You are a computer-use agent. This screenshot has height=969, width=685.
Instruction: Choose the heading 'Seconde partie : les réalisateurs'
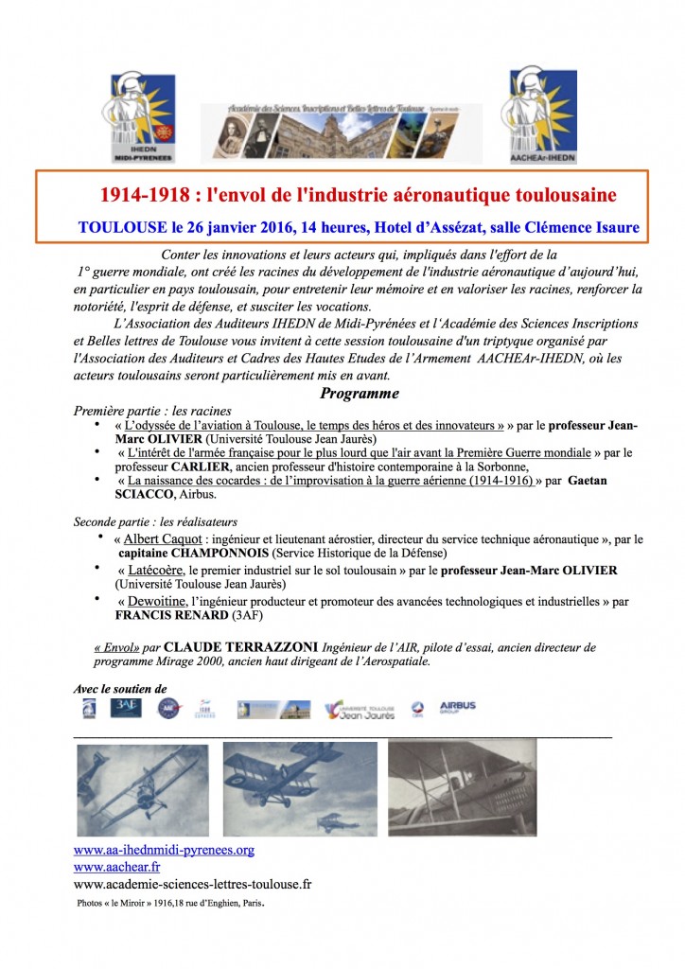click(x=155, y=521)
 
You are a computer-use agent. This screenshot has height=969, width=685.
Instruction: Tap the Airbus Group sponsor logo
click(x=458, y=707)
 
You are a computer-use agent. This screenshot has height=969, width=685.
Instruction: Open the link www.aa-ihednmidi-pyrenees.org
click(x=164, y=850)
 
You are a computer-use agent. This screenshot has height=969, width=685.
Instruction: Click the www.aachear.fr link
click(x=116, y=867)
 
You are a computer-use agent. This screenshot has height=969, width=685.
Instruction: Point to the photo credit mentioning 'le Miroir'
click(x=171, y=904)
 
